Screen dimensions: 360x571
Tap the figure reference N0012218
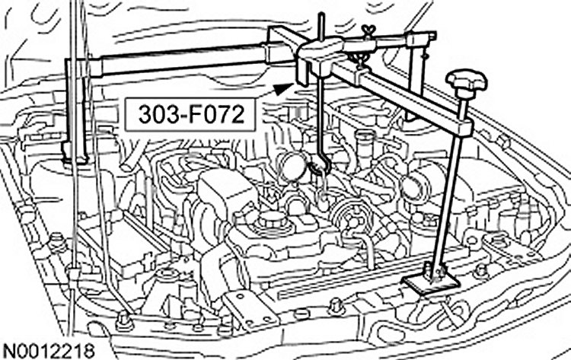coord(48,350)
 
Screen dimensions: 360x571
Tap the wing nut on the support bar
coord(370,33)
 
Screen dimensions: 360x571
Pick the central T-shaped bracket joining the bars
coord(321,53)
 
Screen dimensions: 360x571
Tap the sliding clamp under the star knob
coord(461,122)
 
